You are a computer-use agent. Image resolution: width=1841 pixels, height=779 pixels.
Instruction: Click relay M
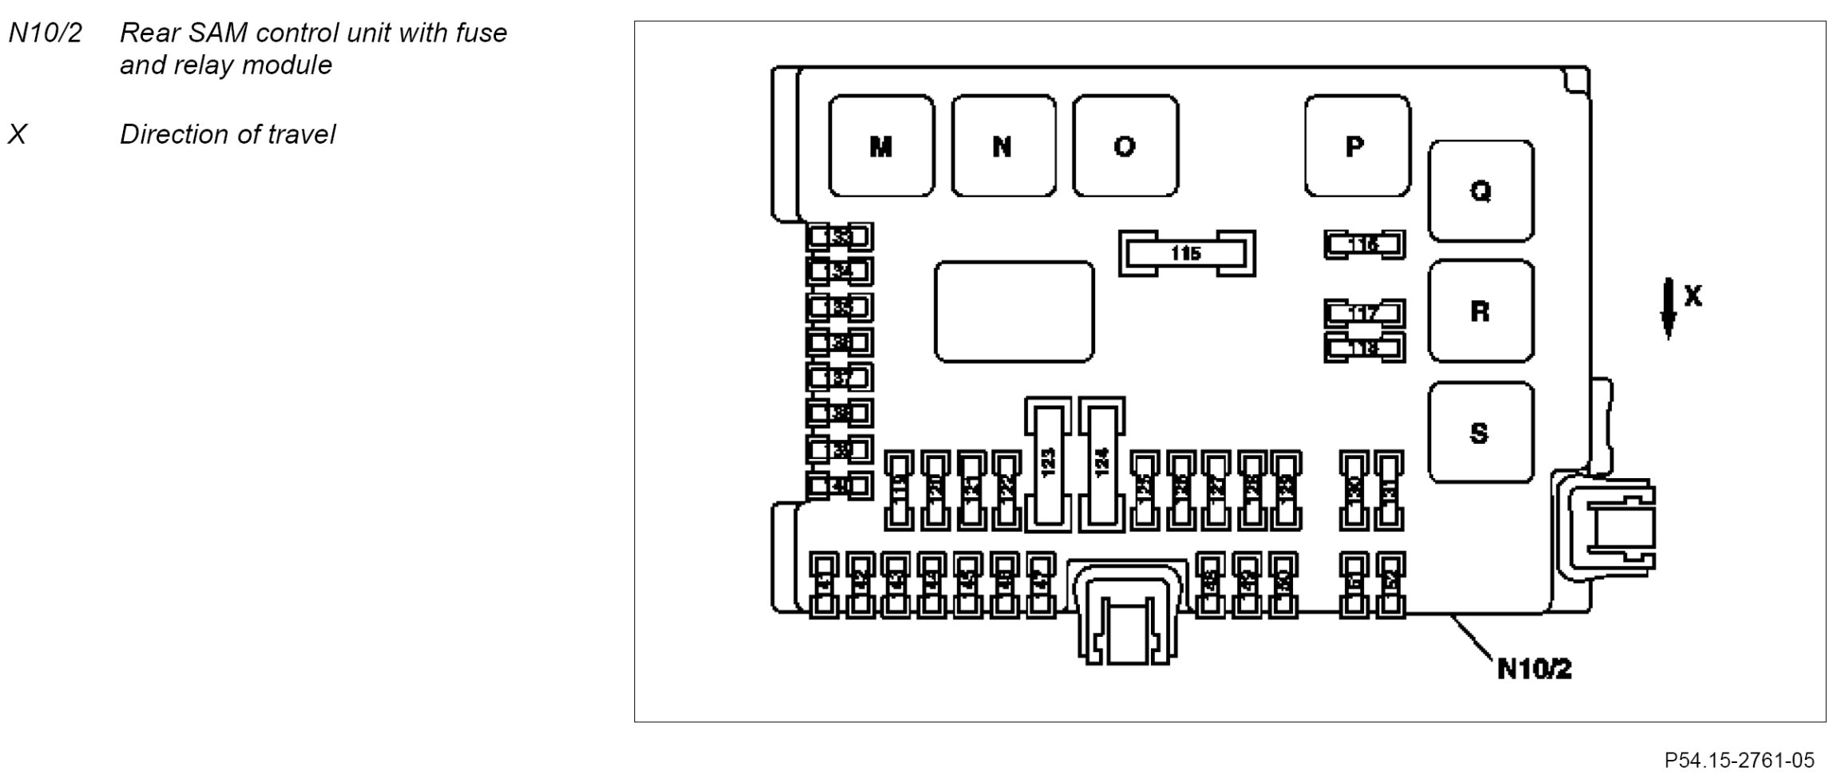click(881, 146)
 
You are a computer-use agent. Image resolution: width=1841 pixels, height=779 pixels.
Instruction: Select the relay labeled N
click(1003, 146)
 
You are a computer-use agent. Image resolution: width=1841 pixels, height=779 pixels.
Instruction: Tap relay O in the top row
click(1125, 146)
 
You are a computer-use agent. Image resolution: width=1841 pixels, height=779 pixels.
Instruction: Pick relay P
click(1356, 146)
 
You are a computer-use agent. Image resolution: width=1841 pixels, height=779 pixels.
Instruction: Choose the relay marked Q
click(1480, 191)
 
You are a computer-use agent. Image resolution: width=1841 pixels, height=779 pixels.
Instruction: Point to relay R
click(1480, 310)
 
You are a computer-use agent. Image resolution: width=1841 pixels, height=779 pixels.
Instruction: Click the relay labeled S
click(1480, 433)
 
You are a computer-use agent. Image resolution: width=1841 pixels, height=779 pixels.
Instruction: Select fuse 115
click(1186, 254)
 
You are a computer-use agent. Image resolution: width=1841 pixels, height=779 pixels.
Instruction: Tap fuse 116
click(1364, 244)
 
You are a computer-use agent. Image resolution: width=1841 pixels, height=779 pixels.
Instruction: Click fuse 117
click(1364, 313)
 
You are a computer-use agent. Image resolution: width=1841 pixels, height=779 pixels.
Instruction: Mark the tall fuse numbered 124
click(1101, 464)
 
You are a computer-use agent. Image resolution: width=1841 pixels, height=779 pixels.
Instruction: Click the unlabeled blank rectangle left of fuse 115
click(1014, 311)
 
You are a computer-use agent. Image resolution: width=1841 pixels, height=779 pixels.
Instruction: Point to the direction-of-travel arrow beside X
click(1668, 308)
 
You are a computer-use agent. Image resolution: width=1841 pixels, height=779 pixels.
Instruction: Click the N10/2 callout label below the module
click(1534, 669)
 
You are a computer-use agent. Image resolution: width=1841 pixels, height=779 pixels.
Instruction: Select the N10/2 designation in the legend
click(45, 34)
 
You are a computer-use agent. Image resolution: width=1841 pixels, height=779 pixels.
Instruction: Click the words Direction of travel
click(228, 135)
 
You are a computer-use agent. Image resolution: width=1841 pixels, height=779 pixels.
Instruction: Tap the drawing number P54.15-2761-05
click(1739, 760)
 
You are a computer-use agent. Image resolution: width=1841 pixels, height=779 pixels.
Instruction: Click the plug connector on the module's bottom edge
click(1126, 615)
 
